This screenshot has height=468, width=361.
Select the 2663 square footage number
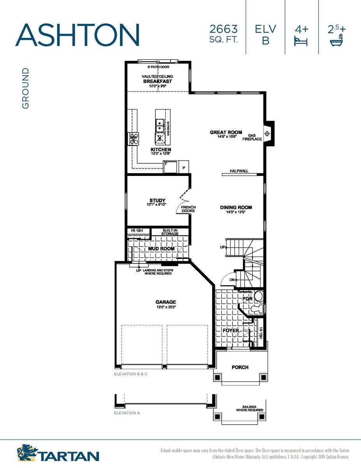click(224, 29)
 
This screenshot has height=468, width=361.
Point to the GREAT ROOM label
click(226, 132)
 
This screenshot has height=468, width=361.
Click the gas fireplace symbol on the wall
click(268, 133)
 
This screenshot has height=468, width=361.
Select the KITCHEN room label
click(160, 150)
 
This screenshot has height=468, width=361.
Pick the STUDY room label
click(157, 200)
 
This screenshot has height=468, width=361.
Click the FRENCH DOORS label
click(188, 209)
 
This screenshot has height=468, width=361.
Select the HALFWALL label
click(239, 171)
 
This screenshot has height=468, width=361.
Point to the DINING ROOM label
click(236, 207)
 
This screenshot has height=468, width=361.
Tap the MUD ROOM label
click(161, 248)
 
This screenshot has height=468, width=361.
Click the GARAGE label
click(166, 302)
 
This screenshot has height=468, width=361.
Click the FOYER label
click(231, 330)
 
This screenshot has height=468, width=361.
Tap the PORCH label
click(240, 367)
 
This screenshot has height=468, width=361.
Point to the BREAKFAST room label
click(157, 81)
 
